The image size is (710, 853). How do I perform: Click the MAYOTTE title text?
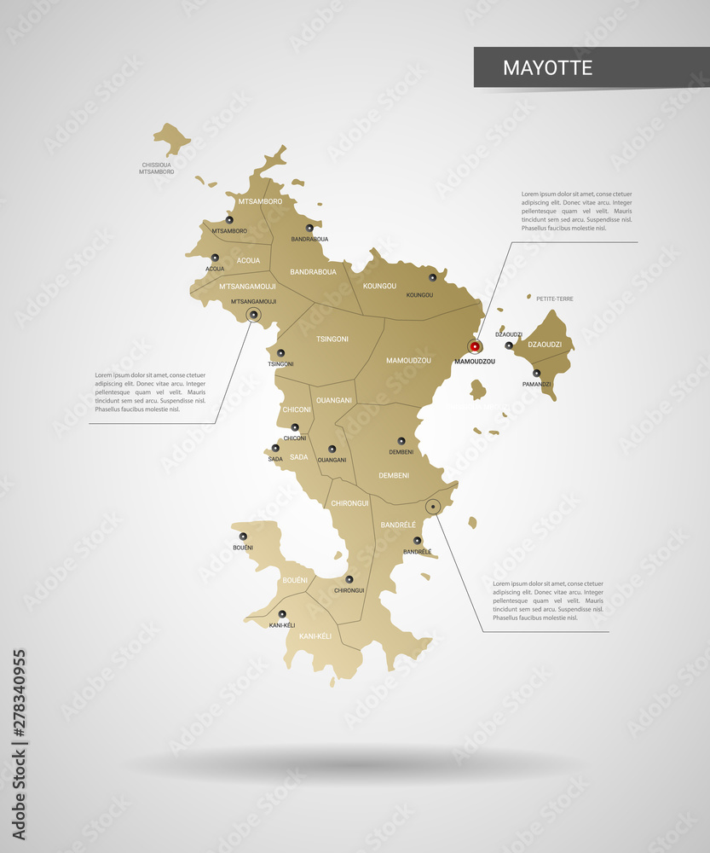547,67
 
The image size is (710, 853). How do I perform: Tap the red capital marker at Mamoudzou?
475,346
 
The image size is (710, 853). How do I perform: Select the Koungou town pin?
432,276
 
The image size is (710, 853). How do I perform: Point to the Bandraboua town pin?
309,228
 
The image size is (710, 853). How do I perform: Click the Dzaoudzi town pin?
509,345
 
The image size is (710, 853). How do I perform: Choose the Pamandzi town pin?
536,373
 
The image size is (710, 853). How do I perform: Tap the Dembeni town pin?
401,441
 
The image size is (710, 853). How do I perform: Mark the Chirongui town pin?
349,579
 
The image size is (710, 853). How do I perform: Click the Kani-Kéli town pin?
282,613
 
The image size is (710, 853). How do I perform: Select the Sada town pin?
275,447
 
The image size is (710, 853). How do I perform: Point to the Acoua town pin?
215,257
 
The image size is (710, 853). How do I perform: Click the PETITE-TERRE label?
554,299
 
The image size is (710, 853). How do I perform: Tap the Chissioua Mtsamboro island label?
156,168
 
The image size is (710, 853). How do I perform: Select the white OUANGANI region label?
333,399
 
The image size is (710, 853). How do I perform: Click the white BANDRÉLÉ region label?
398,524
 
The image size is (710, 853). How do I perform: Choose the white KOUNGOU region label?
379,286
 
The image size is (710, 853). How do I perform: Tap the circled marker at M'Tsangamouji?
253,316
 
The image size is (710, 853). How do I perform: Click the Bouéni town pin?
243,536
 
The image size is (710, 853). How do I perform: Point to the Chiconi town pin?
295,427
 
